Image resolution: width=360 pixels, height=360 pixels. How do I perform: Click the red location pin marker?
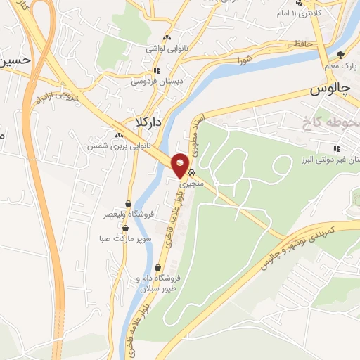181,165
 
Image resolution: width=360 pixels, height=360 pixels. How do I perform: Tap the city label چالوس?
329,91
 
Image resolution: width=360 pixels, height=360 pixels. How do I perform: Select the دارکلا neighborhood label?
143,123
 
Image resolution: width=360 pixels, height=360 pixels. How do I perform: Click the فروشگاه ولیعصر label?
127,214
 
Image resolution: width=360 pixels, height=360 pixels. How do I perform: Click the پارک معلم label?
340,65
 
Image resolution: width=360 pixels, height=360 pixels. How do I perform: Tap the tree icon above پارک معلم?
341,55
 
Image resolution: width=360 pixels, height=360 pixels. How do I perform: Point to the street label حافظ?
304,45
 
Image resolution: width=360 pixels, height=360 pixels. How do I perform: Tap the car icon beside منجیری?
193,172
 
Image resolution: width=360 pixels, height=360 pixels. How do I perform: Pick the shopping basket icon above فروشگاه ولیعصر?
129,203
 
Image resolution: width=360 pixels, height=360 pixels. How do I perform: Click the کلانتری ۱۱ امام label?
316,14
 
